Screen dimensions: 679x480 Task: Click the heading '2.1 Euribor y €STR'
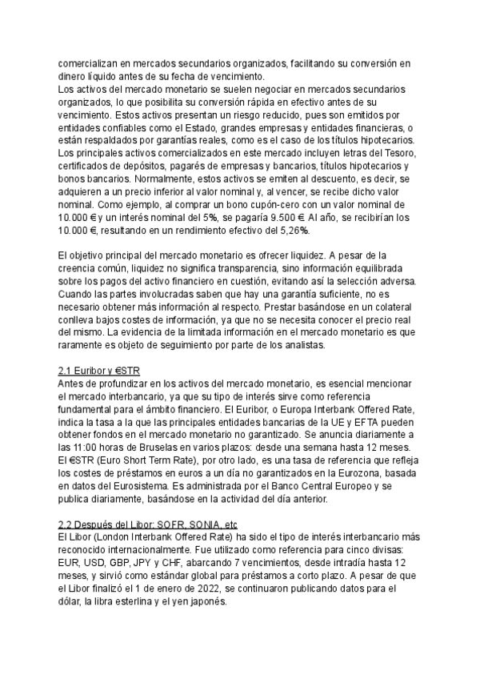coord(99,372)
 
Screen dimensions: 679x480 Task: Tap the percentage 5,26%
coord(291,230)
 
